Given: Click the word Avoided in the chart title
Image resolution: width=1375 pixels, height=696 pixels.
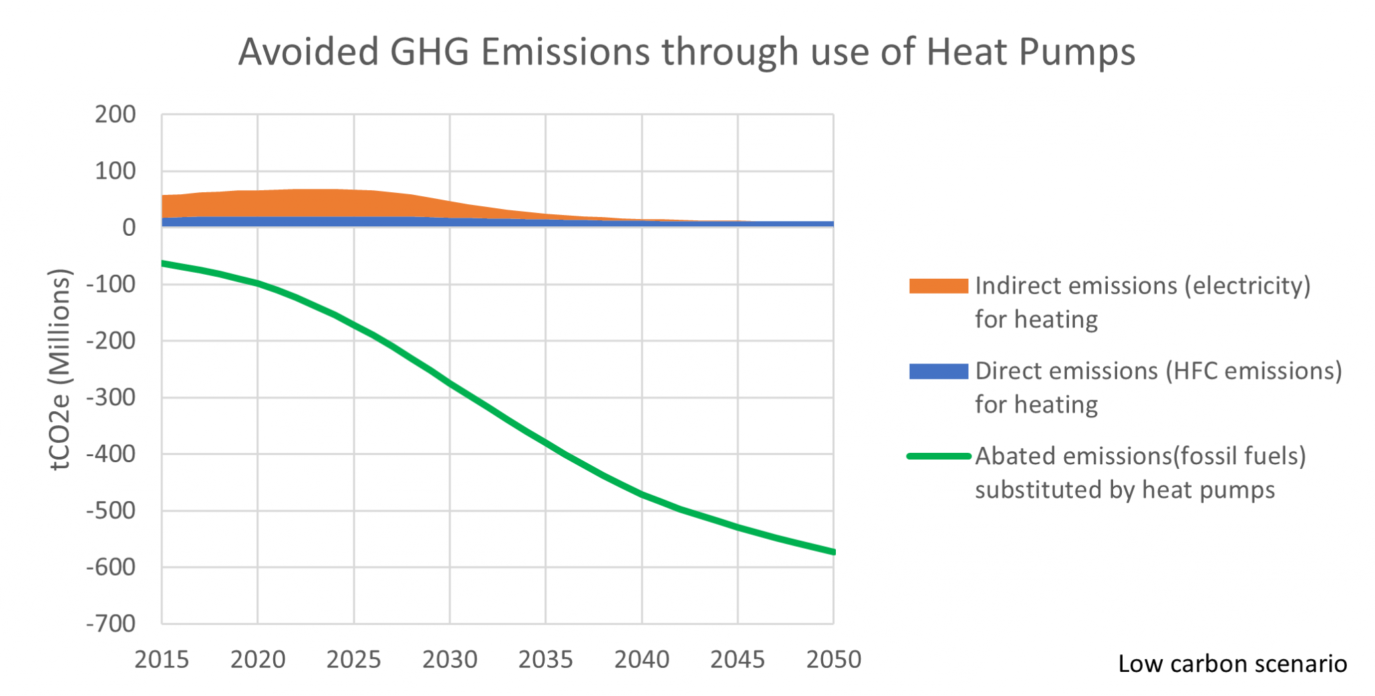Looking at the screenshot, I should [x=308, y=52].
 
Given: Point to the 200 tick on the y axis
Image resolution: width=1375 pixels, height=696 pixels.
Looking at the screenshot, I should [x=115, y=115].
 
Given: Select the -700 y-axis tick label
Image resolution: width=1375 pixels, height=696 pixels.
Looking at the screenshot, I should [x=111, y=623].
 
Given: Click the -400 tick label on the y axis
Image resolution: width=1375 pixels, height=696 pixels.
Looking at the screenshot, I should [x=111, y=454].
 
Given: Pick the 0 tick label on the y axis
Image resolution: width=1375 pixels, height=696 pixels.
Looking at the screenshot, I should [x=129, y=228].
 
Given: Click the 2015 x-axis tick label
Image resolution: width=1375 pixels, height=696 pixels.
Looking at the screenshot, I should [x=162, y=660].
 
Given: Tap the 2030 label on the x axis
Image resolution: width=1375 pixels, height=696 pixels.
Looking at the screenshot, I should [x=450, y=660].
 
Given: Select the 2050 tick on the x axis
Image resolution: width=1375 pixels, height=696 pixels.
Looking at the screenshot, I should [x=833, y=660].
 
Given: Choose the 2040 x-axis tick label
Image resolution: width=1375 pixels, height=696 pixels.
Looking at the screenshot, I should [x=642, y=660].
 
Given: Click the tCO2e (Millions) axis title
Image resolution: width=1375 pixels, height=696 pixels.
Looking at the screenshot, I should [x=60, y=369].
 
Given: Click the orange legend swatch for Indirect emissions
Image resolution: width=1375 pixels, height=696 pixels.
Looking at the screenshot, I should [x=938, y=286].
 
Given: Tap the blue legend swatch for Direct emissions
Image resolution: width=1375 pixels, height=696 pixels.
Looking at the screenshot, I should [x=938, y=372].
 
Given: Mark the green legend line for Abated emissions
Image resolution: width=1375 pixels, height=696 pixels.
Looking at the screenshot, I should [x=938, y=456].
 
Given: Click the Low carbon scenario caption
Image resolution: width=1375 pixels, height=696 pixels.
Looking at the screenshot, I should [x=1232, y=664].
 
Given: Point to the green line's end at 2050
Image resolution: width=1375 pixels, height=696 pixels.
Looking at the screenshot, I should [x=833, y=552].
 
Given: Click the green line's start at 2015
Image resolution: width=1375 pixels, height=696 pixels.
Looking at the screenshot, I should [x=163, y=263].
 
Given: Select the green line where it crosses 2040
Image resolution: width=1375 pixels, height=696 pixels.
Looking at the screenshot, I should [x=642, y=495].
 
